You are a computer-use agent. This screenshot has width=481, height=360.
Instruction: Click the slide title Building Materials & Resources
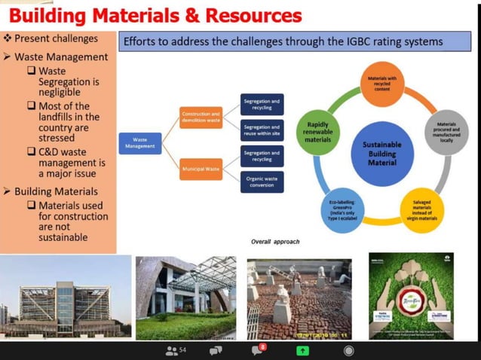155,16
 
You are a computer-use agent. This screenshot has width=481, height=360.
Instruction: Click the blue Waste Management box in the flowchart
139,142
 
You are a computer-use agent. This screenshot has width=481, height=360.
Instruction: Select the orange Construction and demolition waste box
201,117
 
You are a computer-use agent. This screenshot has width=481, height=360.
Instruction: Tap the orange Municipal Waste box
201,169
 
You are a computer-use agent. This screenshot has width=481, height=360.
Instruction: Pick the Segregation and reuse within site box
262,130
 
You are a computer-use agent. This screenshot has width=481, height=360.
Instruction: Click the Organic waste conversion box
262,182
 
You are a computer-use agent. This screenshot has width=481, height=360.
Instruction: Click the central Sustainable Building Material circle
382,153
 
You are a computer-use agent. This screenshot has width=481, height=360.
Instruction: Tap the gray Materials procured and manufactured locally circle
446,133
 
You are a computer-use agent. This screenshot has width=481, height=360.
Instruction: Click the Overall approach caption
275,242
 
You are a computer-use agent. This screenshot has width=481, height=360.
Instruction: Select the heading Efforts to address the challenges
282,42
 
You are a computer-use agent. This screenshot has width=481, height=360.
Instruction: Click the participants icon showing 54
176,350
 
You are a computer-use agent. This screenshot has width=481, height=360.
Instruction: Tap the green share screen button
302,350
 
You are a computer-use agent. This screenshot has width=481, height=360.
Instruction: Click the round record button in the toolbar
348,350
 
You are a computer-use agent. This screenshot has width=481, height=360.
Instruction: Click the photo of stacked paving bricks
299,298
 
